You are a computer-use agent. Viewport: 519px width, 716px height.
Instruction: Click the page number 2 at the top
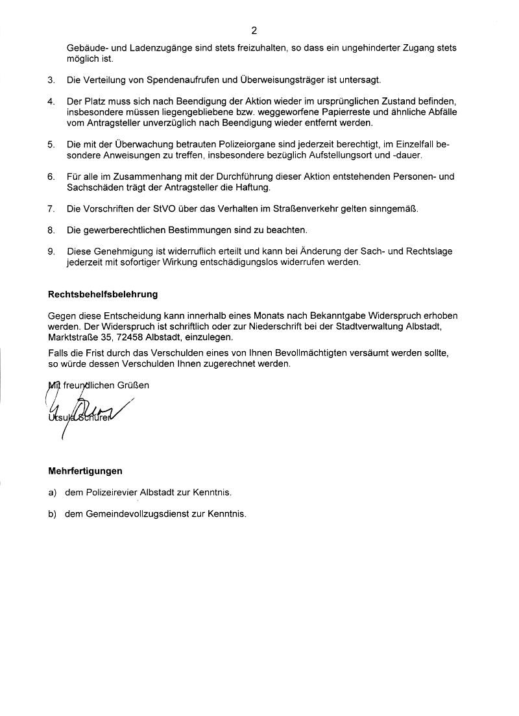tap(254, 30)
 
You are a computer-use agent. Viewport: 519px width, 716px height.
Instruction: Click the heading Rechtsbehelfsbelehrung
tap(103, 294)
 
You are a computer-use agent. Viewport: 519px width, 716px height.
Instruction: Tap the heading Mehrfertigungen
tap(85, 471)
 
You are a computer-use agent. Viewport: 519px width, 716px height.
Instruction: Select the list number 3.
tap(51, 80)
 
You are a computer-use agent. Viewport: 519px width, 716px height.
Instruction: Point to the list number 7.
tap(51, 209)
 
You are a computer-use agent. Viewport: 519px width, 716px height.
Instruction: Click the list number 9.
tap(51, 252)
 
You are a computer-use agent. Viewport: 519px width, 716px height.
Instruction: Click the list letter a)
tap(52, 493)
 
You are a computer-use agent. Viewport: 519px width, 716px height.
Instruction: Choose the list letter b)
tap(52, 513)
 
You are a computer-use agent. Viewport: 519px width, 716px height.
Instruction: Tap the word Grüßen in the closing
tap(133, 385)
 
